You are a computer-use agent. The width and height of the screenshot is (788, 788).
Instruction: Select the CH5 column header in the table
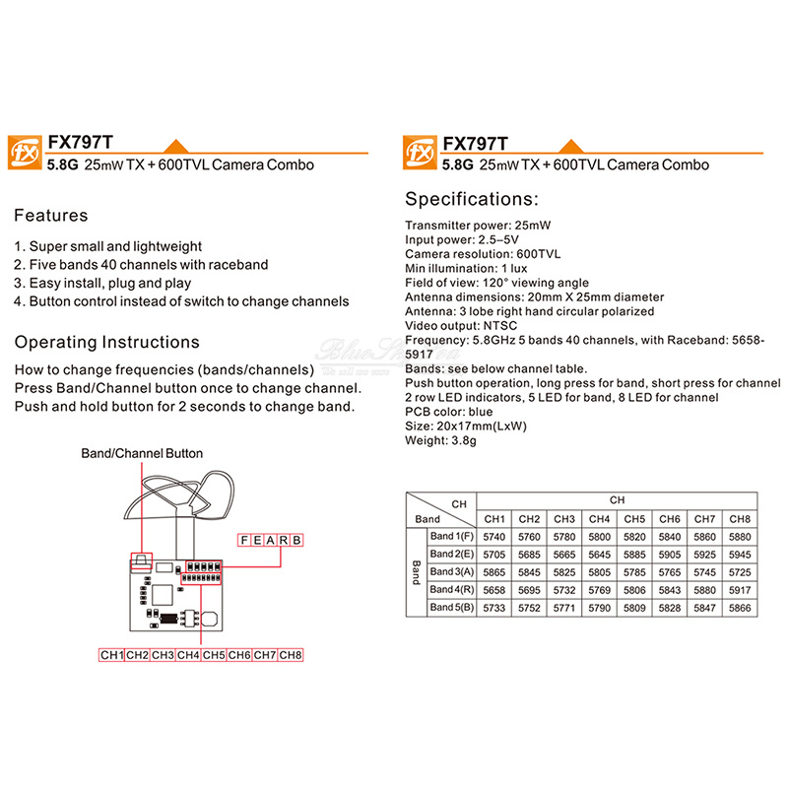634,519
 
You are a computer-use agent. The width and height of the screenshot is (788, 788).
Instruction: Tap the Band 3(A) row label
452,572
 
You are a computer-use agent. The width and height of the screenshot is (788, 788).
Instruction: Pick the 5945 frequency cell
740,555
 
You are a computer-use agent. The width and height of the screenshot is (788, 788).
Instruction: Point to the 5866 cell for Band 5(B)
740,609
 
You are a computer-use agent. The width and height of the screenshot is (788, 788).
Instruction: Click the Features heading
51,216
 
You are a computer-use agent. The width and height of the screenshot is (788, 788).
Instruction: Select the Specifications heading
472,199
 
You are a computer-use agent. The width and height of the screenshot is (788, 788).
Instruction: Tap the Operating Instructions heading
106,343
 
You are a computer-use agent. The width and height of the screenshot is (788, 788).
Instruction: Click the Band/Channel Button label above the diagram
142,453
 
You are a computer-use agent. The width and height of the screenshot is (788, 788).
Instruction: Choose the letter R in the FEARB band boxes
282,540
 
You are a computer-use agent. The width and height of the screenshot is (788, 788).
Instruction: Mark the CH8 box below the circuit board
291,655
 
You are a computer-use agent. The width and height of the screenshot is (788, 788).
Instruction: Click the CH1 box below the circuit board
111,655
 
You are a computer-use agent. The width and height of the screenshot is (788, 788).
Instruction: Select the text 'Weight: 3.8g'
440,441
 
